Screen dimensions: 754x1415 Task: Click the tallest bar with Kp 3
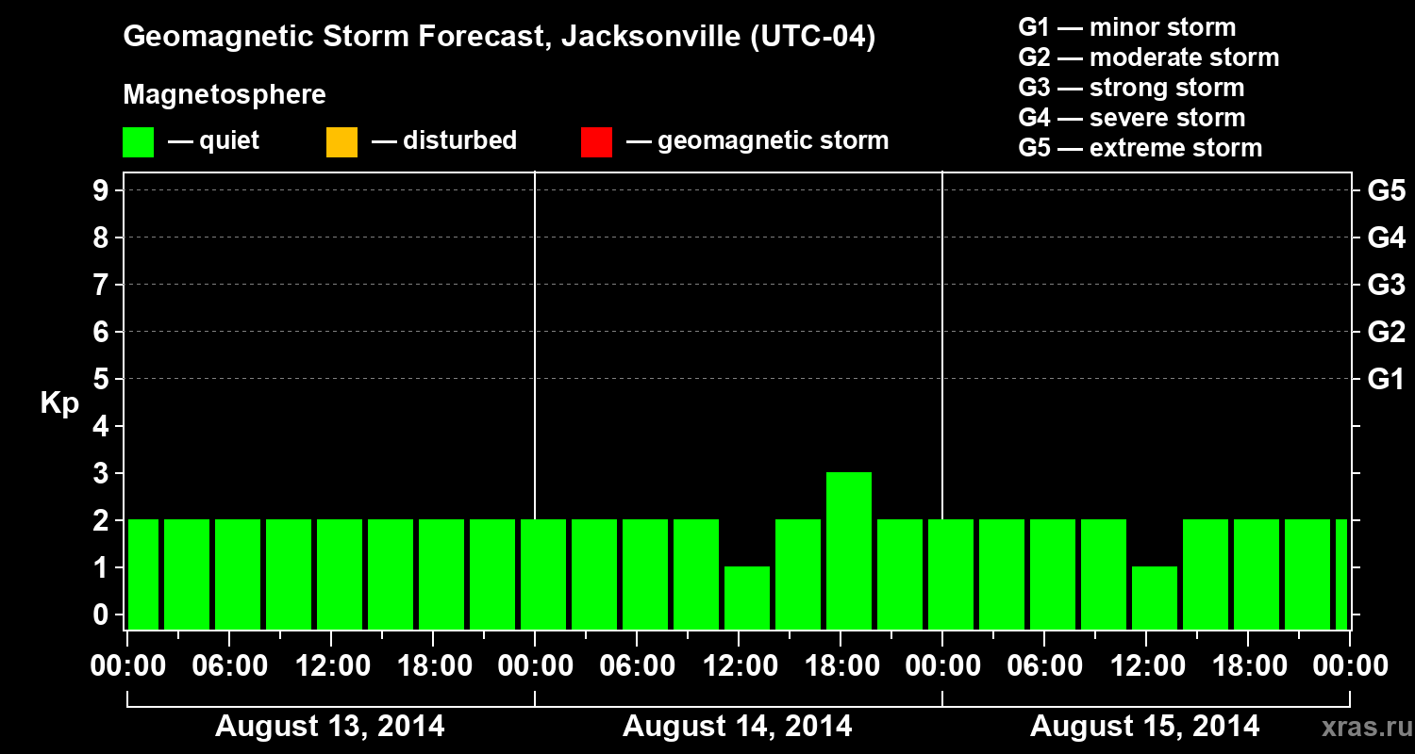coord(848,550)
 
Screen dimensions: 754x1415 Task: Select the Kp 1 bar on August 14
coord(746,598)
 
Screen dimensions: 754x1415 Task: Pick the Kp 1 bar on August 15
coord(1154,598)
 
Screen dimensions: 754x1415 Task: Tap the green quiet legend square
coord(138,141)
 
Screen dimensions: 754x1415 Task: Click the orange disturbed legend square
coord(341,141)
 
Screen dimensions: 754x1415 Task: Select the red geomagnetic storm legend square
coord(596,141)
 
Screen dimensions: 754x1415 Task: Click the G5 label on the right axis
coord(1386,190)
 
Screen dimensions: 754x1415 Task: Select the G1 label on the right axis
coord(1386,379)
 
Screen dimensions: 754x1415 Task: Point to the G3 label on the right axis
coord(1386,285)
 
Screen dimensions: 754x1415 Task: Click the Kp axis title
coord(59,403)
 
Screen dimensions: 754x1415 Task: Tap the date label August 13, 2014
coord(330,726)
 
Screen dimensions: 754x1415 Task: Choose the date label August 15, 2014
coord(1144,726)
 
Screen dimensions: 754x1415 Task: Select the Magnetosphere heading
coord(225,95)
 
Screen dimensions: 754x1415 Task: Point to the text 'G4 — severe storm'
coord(1131,118)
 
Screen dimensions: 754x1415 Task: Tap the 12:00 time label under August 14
coord(754,666)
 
